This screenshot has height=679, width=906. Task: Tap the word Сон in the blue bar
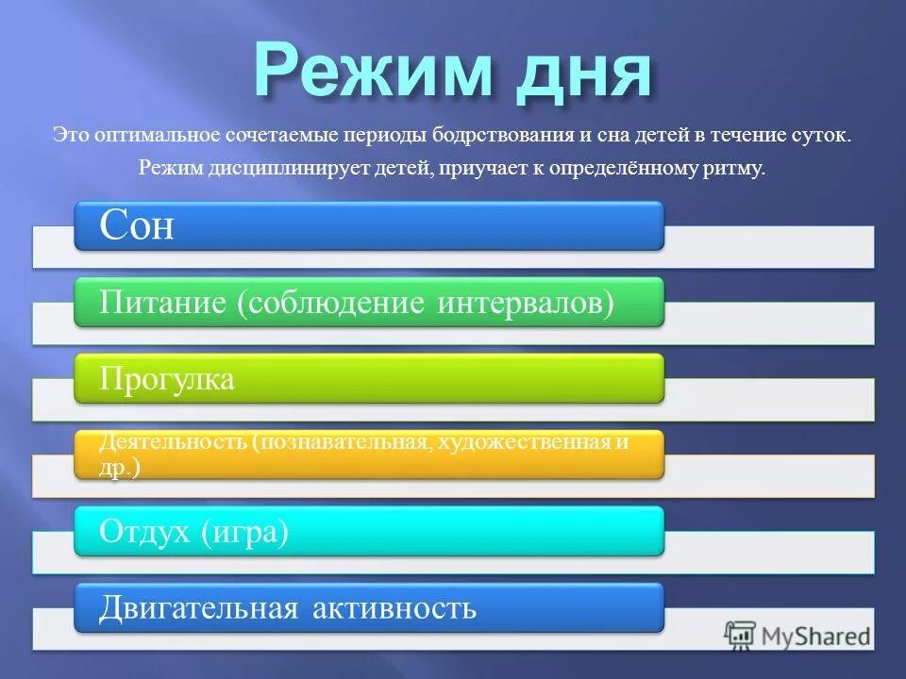pyautogui.click(x=137, y=226)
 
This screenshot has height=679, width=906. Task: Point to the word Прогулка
pyautogui.click(x=167, y=379)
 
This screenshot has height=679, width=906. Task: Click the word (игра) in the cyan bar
pyautogui.click(x=244, y=532)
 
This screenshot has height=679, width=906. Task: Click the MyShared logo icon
pyautogui.click(x=740, y=635)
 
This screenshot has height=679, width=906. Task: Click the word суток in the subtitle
pyautogui.click(x=820, y=135)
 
